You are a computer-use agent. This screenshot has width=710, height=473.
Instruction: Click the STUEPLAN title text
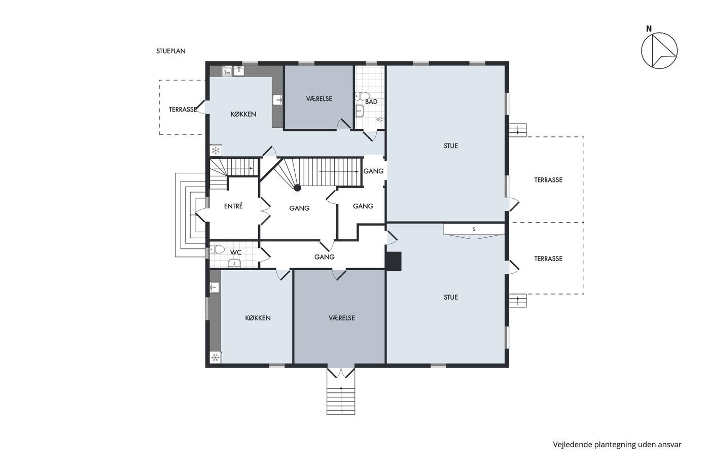click(x=171, y=51)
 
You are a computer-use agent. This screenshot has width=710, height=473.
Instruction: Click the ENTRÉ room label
click(x=233, y=206)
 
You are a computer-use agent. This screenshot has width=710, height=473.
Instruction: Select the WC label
click(x=235, y=252)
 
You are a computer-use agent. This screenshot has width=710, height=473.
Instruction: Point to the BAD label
click(x=371, y=102)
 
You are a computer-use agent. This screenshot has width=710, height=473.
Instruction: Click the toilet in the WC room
click(x=217, y=249)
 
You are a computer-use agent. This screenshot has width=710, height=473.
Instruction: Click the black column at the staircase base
click(x=297, y=188)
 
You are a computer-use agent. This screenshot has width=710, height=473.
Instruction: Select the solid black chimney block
click(x=394, y=262)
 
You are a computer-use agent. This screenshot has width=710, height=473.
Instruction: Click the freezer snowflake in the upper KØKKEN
click(x=216, y=150)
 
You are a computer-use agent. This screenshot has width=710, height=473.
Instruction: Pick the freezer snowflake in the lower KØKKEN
click(x=216, y=357)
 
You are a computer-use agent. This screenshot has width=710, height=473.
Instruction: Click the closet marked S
click(x=474, y=229)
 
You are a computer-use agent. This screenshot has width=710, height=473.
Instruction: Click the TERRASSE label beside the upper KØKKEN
click(x=183, y=110)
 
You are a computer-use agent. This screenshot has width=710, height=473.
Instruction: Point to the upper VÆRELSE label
click(x=319, y=99)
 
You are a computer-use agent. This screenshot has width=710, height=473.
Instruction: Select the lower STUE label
click(x=451, y=297)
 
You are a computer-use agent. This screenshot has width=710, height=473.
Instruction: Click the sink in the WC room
click(x=234, y=263)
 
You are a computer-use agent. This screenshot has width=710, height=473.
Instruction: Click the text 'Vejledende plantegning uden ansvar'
click(x=617, y=445)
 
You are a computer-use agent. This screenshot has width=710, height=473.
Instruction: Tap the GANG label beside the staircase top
click(x=373, y=171)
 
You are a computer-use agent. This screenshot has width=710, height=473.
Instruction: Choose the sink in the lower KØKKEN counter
click(x=215, y=287)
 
